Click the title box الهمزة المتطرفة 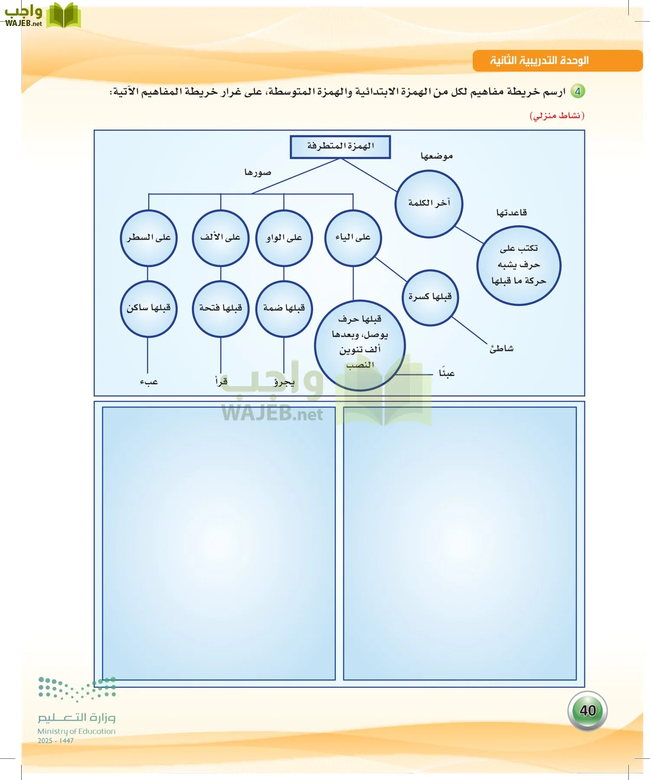[x=340, y=146]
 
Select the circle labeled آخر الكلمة [x=429, y=204]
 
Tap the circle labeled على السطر [x=149, y=238]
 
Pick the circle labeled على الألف [x=221, y=238]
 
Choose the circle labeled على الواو [x=284, y=238]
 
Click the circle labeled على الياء [x=353, y=238]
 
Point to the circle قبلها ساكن [x=149, y=309]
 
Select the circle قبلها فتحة [x=221, y=309]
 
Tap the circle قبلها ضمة [x=284, y=309]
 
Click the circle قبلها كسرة [x=430, y=297]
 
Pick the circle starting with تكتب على [x=519, y=265]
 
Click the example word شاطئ [x=501, y=349]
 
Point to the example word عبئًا [x=446, y=373]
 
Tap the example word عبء [x=149, y=382]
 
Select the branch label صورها [x=258, y=172]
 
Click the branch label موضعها [x=436, y=156]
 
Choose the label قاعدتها [x=511, y=213]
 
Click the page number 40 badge [x=588, y=711]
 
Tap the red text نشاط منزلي [x=557, y=115]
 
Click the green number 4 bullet [x=578, y=91]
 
